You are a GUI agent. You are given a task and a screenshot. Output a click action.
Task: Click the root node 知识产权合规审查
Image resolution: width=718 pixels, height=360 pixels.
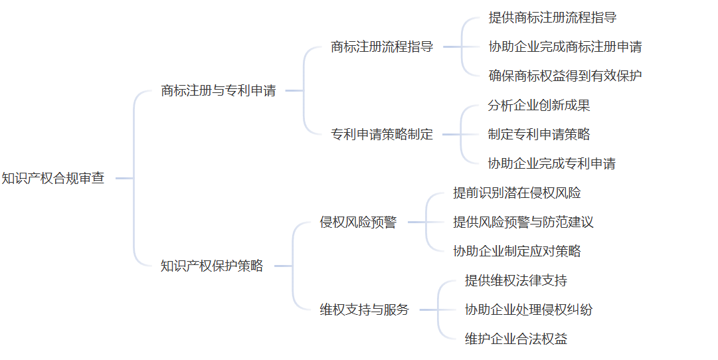[53, 178]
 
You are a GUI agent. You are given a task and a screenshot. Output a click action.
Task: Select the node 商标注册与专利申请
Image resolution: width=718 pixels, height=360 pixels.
[219, 90]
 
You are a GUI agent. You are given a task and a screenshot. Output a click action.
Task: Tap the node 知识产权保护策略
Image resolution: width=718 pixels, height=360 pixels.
[212, 266]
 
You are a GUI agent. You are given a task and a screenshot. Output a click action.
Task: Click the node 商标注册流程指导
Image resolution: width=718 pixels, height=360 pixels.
[382, 46]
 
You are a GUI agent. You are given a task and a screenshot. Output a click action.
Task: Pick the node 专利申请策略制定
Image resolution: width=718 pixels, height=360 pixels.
[382, 134]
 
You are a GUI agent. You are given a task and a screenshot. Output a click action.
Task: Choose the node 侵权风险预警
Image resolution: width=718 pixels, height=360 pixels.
[358, 222]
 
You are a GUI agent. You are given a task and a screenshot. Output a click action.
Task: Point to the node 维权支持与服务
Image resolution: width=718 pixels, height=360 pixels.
[365, 310]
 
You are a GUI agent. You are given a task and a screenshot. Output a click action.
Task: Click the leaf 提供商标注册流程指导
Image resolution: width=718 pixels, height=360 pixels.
[553, 17]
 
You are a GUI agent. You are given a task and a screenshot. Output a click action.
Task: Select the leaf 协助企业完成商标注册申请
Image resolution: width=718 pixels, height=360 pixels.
[565, 46]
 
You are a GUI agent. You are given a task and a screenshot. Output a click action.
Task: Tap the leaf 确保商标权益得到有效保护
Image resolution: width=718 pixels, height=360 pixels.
[565, 76]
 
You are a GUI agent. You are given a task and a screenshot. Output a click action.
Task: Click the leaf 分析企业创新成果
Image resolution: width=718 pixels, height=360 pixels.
[539, 105]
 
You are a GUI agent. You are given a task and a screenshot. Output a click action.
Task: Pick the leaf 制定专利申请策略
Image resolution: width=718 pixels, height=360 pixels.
[539, 134]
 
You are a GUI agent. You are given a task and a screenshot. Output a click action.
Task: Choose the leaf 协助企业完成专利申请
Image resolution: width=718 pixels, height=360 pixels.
[552, 163]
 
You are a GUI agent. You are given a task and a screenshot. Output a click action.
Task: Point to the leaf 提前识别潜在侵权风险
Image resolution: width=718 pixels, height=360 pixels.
[517, 193]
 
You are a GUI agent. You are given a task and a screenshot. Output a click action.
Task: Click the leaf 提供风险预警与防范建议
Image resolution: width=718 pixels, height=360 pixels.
[523, 222]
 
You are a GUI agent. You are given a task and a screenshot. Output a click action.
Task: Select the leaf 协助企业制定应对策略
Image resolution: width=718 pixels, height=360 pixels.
[517, 251]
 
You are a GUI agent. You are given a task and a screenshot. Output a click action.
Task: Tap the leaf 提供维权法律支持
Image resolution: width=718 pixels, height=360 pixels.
[516, 280]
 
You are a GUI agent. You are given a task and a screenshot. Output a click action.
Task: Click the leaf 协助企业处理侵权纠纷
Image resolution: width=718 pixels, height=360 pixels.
[529, 310]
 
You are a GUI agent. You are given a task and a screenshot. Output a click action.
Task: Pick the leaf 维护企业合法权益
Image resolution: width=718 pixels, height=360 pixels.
[516, 339]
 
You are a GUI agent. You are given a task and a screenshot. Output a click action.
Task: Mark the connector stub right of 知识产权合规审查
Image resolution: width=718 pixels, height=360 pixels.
[124, 178]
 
